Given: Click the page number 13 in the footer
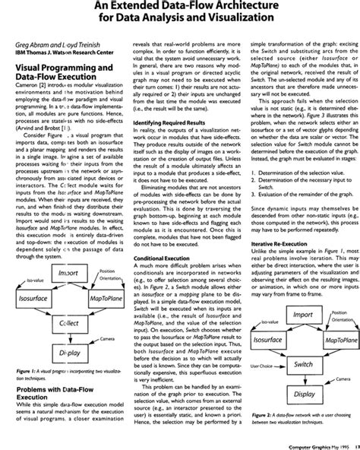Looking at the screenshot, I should (354, 445).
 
